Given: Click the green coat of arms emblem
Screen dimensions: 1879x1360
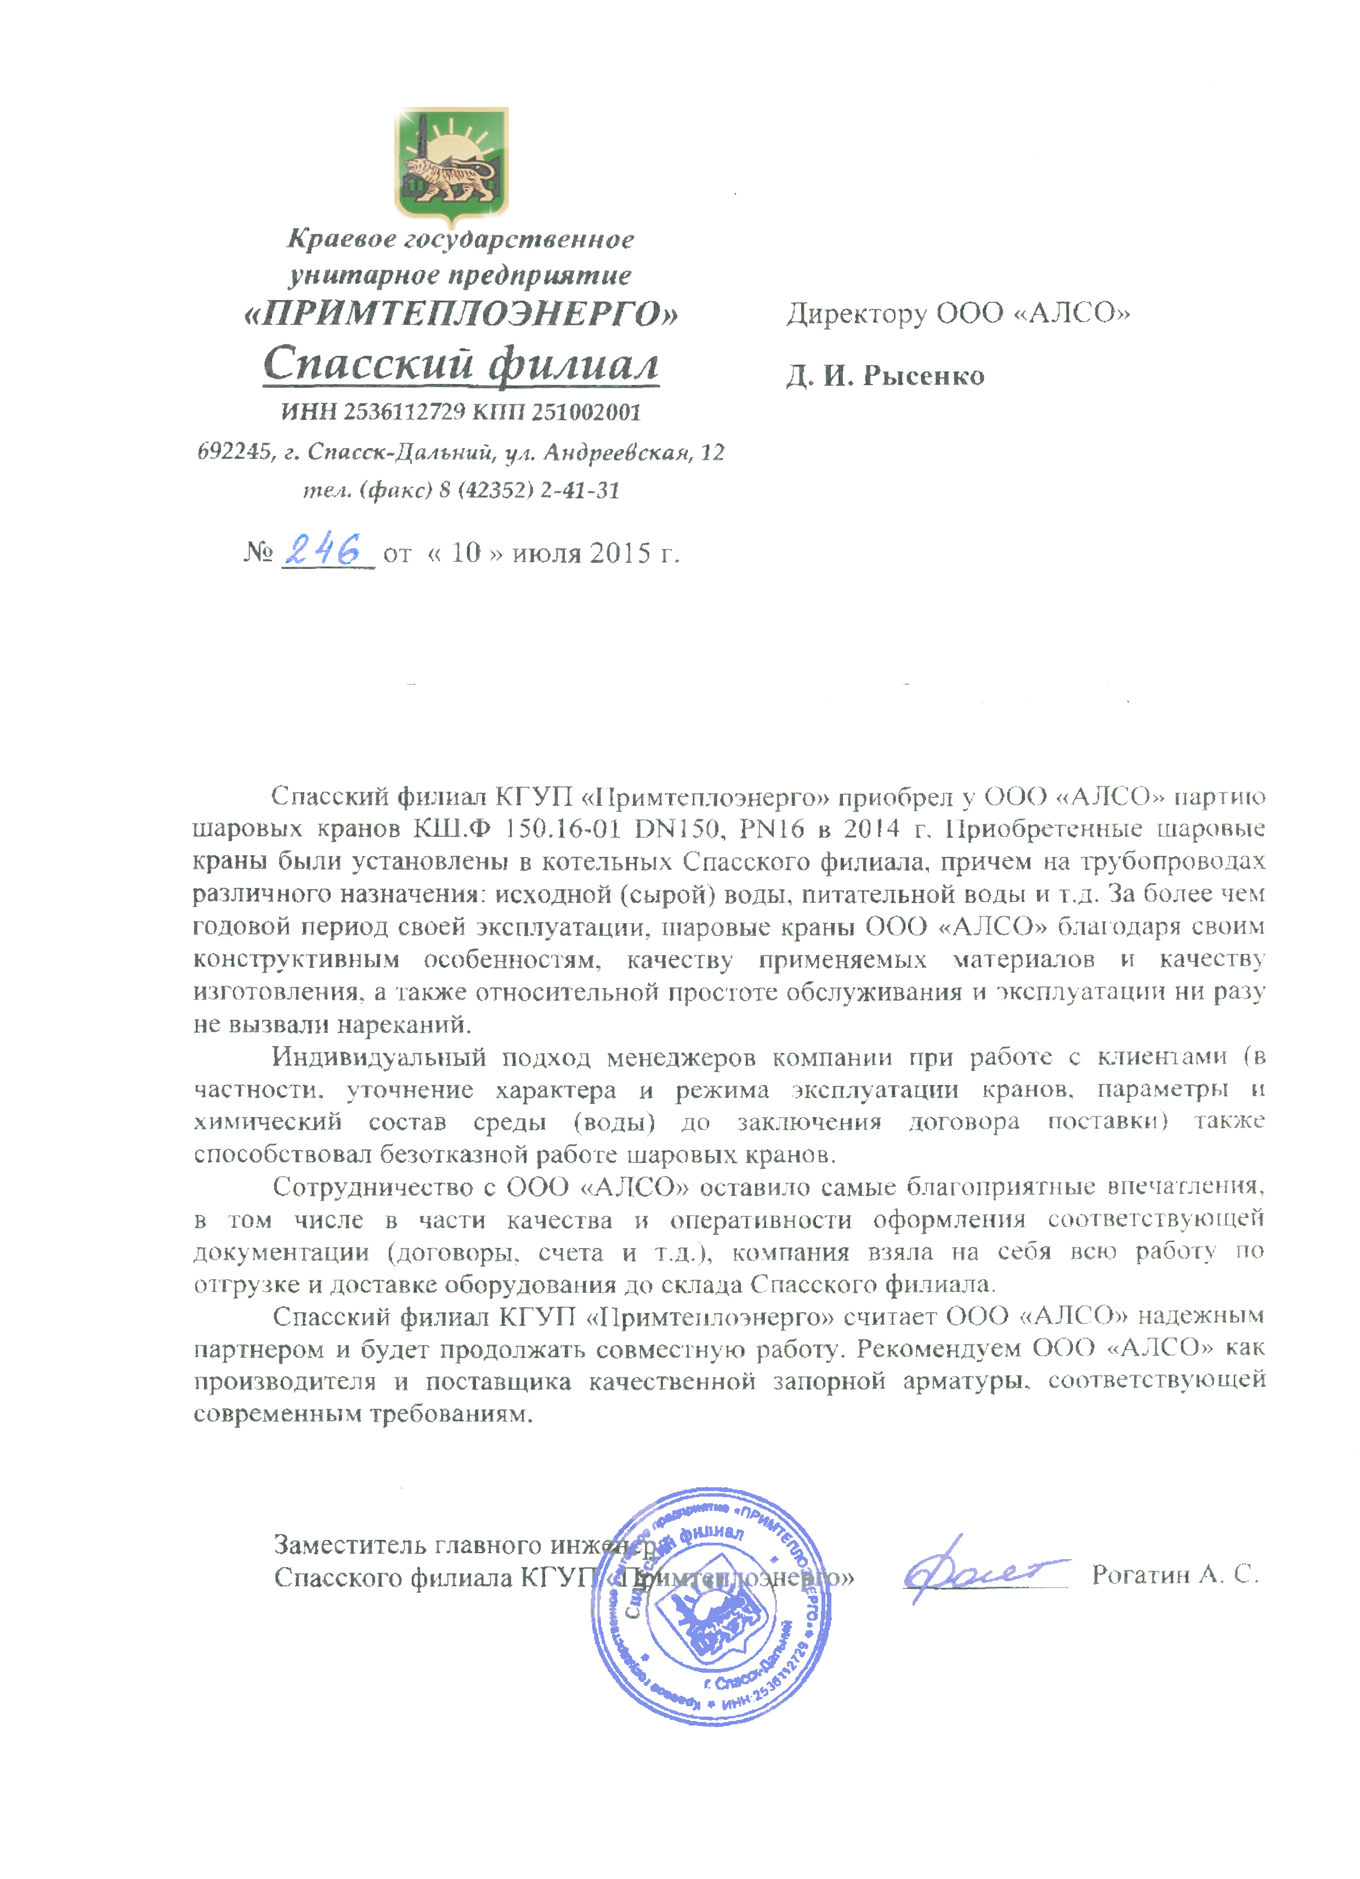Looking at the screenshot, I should (451, 161).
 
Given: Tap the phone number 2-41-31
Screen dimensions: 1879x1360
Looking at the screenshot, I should (580, 490).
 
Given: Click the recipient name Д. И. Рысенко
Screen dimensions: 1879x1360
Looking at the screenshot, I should (885, 376).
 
